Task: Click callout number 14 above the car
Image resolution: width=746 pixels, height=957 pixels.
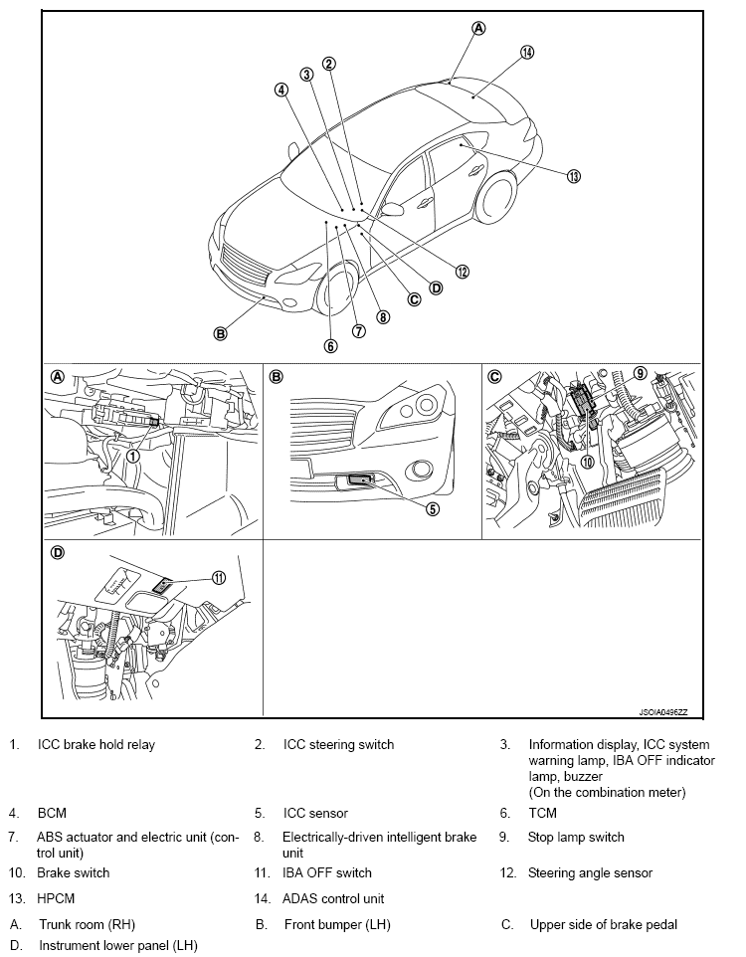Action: [527, 52]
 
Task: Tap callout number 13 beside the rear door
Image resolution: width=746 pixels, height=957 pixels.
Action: [573, 176]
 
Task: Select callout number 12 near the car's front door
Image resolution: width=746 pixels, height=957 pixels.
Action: [462, 271]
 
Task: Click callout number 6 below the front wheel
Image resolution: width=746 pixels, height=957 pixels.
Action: [330, 346]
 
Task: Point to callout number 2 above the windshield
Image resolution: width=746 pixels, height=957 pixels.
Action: [329, 64]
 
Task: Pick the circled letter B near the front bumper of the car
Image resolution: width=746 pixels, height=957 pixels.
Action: [221, 333]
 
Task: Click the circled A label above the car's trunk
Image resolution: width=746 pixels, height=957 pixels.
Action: [478, 28]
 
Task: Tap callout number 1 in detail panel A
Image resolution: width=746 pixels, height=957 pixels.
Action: [132, 456]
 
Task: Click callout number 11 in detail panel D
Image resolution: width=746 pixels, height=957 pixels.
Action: [219, 577]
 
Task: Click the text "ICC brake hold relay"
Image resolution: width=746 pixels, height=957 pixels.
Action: [96, 744]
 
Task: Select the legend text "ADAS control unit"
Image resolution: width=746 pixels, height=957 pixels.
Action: [333, 898]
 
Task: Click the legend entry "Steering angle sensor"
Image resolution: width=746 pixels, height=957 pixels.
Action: [590, 872]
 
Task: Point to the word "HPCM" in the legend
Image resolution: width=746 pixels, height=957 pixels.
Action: [57, 898]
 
